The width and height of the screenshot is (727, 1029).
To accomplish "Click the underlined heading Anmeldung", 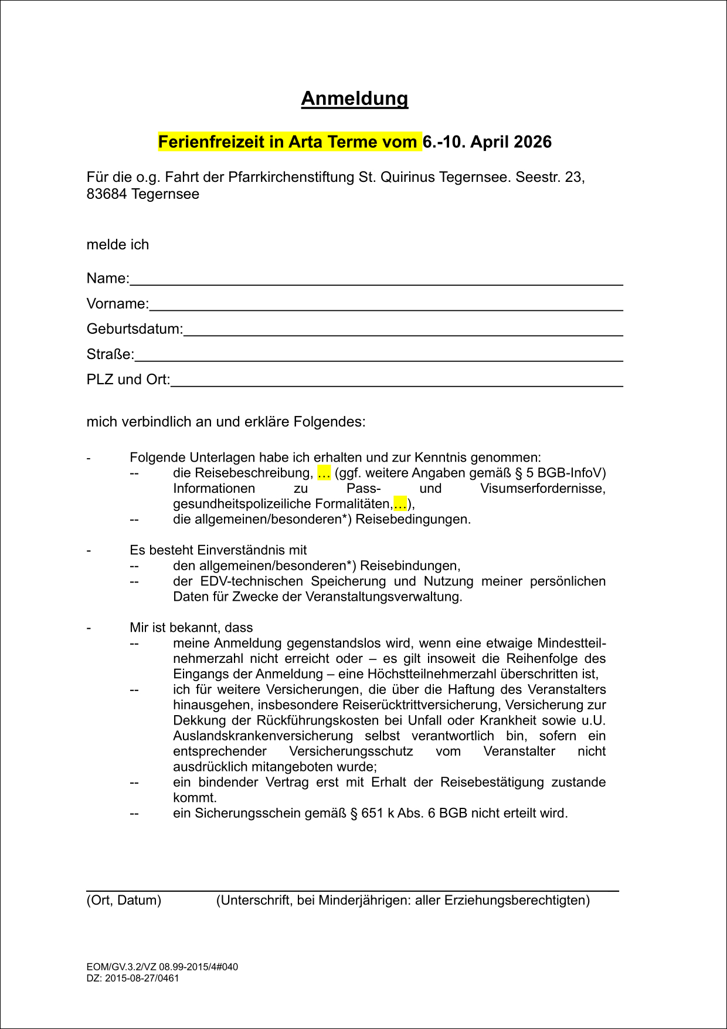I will pyautogui.click(x=354, y=99).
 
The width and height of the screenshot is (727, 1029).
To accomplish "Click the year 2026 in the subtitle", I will pyautogui.click(x=532, y=142).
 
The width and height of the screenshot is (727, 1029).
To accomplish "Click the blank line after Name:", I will pyautogui.click(x=375, y=279).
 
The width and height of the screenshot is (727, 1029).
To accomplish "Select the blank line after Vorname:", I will pyautogui.click(x=385, y=304).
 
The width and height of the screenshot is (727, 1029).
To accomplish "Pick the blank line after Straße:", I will pyautogui.click(x=378, y=355).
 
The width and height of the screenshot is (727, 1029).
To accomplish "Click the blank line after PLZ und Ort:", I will pyautogui.click(x=396, y=380).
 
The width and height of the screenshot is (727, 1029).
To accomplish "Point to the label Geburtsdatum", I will pyautogui.click(x=134, y=329).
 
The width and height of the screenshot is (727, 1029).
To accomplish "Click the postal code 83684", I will pyautogui.click(x=107, y=194).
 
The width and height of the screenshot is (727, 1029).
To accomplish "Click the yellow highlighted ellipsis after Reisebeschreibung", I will pyautogui.click(x=324, y=473).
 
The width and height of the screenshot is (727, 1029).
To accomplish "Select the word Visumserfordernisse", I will pyautogui.click(x=542, y=489).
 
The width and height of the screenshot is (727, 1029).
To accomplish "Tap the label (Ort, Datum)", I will pyautogui.click(x=124, y=900).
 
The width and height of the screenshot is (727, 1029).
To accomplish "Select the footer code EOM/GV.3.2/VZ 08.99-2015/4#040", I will pyautogui.click(x=162, y=967).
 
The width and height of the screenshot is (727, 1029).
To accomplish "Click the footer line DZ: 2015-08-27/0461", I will pyautogui.click(x=133, y=978).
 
